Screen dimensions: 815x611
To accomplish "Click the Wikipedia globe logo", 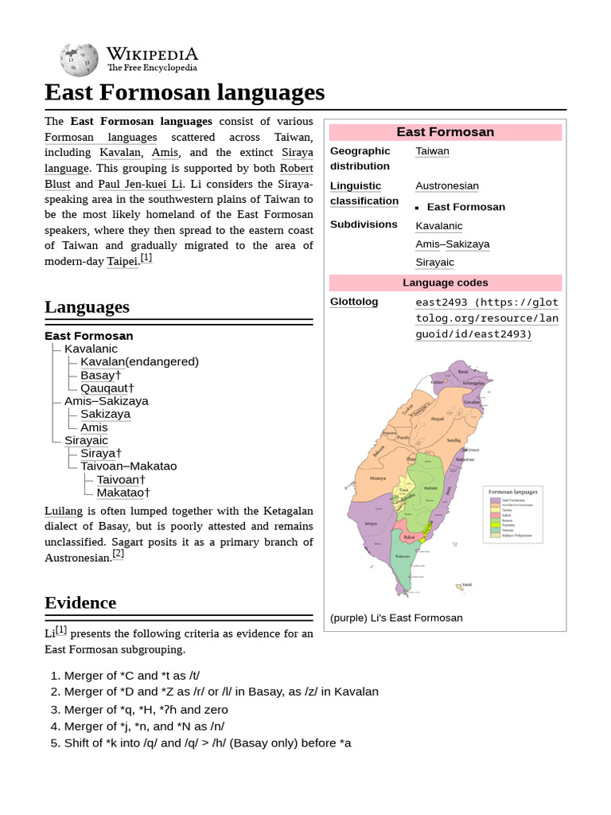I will tap(78, 60).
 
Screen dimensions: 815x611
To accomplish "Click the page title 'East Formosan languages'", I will tap(185, 92).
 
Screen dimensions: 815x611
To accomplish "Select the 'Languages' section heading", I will tap(87, 306).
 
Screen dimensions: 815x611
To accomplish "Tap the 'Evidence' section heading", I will tap(80, 602).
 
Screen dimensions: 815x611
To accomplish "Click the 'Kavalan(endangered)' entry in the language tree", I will tap(139, 361).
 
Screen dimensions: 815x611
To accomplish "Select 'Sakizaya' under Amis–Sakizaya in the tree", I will tap(105, 414).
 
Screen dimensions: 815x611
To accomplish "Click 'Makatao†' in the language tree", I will tap(123, 493).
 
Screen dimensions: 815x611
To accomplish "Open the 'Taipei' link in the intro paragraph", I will tap(123, 261).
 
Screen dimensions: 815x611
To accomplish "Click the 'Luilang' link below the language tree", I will tap(64, 511).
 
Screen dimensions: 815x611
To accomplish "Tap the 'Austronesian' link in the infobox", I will tap(446, 185).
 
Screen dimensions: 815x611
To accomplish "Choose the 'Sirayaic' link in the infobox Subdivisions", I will tap(434, 262).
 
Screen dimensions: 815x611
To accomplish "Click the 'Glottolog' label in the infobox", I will tap(354, 302).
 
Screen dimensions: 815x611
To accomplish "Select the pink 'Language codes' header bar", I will tap(445, 283).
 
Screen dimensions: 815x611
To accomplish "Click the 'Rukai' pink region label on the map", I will tap(409, 537).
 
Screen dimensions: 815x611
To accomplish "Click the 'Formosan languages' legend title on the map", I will tap(513, 491).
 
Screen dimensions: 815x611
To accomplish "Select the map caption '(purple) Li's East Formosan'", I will tap(396, 618).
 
